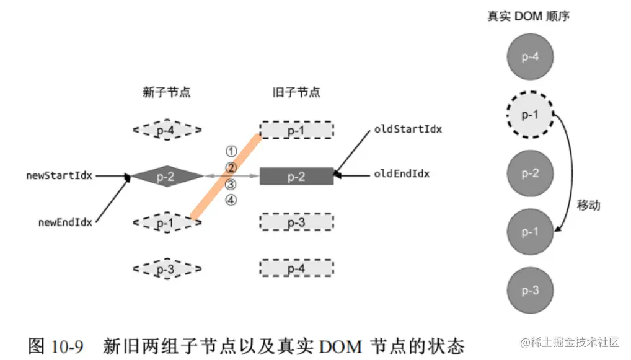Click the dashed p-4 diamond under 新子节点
pos(167,130)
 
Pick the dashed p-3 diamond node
pos(167,269)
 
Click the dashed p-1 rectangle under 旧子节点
pos(296,131)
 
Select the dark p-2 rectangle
pos(296,177)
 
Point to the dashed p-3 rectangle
pos(296,222)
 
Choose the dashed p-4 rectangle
pos(296,268)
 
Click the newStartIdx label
pos(59,175)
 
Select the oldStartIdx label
pos(408,130)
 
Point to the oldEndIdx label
pos(402,174)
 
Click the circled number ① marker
pos(231,151)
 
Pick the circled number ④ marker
pos(231,200)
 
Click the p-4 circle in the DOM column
pos(529,57)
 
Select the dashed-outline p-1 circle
pos(529,115)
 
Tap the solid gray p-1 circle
pos(529,232)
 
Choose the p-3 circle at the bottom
pos(529,291)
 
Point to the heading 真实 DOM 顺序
pos(528,16)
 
